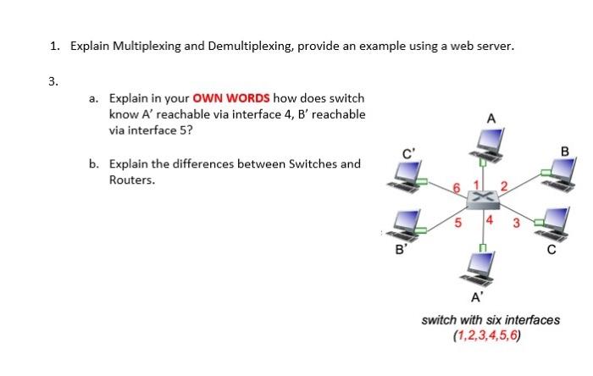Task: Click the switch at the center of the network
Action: coord(484,197)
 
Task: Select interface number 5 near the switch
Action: coord(458,224)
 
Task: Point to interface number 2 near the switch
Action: coord(503,185)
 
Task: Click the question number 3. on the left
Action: coord(53,81)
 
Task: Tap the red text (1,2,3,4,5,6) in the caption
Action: coord(490,334)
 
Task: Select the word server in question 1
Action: coord(493,47)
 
